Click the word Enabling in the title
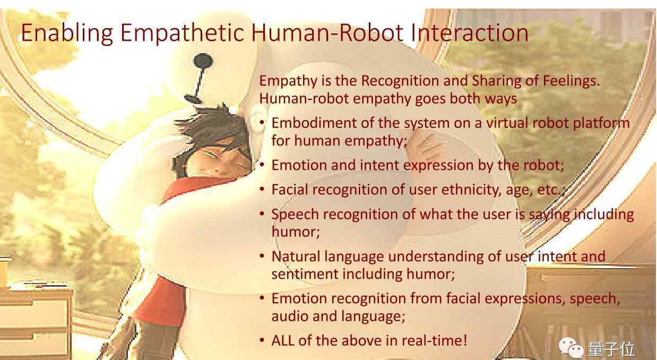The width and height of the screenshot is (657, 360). click(67, 33)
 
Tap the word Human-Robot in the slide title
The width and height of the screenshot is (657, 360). click(327, 32)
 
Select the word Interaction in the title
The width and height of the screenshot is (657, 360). click(470, 32)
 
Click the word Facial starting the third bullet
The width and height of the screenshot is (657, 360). click(290, 190)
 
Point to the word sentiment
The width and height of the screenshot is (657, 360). click(305, 275)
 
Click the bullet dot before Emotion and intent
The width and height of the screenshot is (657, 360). click(262, 165)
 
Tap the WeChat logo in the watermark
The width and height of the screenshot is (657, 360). click(571, 347)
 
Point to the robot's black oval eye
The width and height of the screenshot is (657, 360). click(203, 61)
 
